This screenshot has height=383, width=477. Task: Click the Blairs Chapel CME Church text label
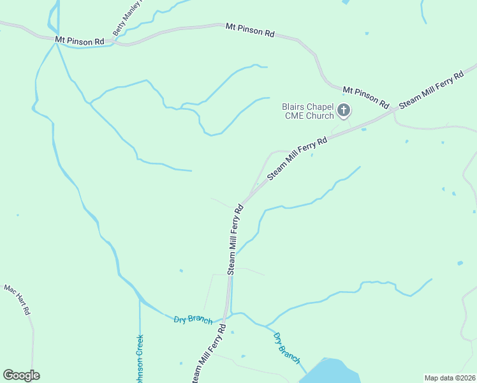[308, 111]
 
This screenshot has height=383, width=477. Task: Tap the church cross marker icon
[344, 111]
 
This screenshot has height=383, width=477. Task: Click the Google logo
[21, 375]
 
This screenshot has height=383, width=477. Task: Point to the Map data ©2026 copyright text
[450, 377]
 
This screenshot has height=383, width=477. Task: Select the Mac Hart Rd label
[17, 300]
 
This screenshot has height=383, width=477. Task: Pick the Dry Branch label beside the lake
[286, 348]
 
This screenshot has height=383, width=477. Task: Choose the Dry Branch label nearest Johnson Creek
[193, 319]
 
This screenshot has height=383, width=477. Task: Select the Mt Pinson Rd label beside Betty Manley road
[79, 40]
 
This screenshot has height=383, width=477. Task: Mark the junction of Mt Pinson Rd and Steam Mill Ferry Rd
[393, 110]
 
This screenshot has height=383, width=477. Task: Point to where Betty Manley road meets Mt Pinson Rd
[113, 41]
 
